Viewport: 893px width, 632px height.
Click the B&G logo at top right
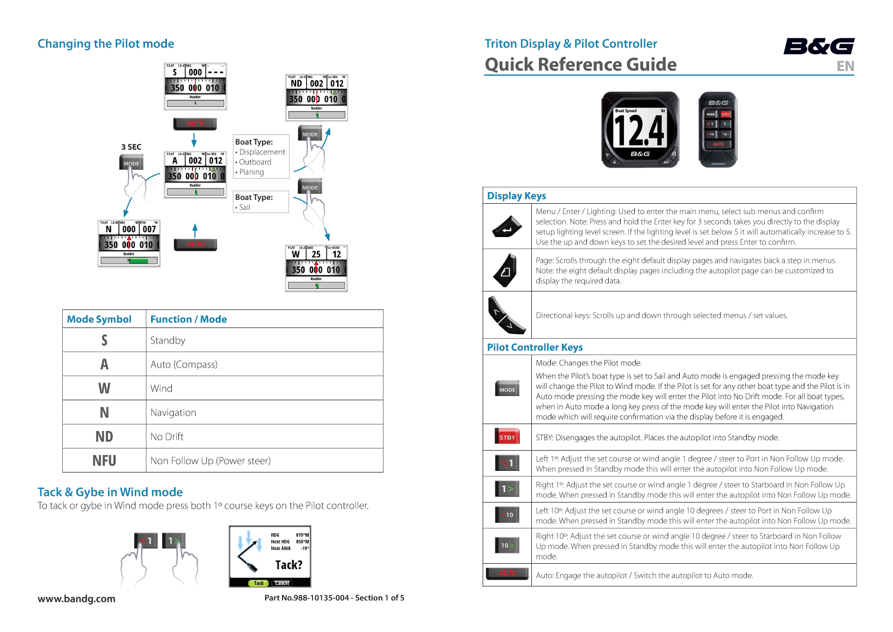(x=819, y=46)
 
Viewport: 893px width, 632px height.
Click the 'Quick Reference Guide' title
(x=580, y=64)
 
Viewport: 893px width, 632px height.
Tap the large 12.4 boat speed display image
(x=640, y=130)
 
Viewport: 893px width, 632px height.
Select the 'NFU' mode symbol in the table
(x=104, y=460)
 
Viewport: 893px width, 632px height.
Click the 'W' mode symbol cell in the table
(x=104, y=388)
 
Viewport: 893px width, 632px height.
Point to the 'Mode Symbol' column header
(x=99, y=319)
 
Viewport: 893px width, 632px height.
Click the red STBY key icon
(x=507, y=437)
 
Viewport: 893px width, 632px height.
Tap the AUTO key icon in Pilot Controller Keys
(x=507, y=574)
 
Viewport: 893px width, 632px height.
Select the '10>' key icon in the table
(x=507, y=545)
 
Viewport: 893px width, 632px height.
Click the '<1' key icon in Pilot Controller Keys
(x=507, y=463)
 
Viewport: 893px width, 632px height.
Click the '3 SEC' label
(x=131, y=147)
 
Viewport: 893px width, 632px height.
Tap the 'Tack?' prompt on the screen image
(x=289, y=565)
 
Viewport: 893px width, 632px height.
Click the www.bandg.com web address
(x=76, y=599)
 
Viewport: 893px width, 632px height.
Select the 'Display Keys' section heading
(x=516, y=196)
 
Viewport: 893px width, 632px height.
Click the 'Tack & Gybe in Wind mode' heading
(x=110, y=492)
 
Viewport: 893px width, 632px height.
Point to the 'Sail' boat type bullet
(x=244, y=208)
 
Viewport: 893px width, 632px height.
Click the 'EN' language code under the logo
(x=845, y=67)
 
